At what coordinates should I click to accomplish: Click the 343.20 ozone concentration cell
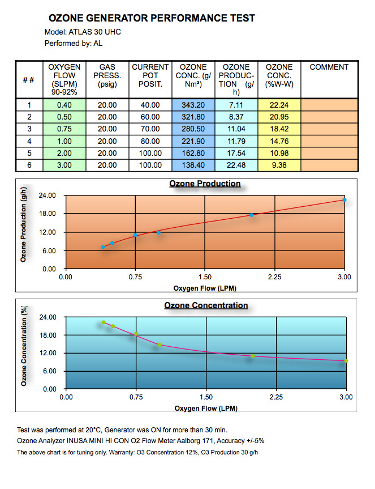click(x=193, y=105)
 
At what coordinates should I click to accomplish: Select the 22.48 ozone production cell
click(x=236, y=165)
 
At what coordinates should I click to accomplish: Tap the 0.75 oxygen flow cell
click(x=64, y=130)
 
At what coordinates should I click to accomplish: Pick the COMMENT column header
click(x=329, y=67)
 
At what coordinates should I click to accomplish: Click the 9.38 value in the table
click(x=279, y=165)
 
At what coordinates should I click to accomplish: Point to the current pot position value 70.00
click(x=150, y=130)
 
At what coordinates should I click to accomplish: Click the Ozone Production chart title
click(x=205, y=184)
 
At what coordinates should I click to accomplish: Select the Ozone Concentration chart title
click(x=206, y=305)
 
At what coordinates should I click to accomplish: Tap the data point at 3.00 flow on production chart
click(x=344, y=200)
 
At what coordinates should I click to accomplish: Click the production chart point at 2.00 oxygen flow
click(x=251, y=215)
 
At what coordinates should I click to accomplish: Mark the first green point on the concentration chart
click(x=104, y=322)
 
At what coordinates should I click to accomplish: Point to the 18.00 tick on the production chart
click(x=49, y=214)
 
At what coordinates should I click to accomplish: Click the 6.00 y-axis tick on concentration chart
click(x=49, y=371)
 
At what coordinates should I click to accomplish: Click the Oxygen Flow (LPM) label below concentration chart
click(x=205, y=408)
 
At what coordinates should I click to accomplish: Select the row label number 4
click(x=28, y=142)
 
